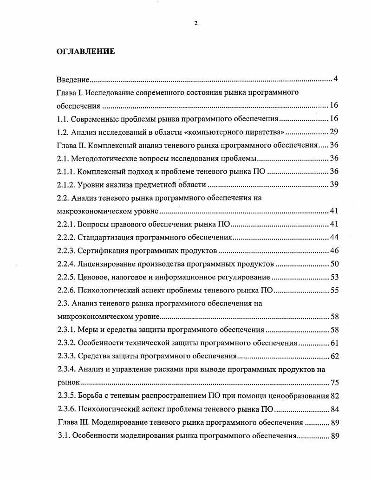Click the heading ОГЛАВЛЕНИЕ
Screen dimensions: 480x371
tap(85, 52)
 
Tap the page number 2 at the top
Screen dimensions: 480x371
tap(195, 24)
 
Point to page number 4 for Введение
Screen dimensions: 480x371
tap(335, 78)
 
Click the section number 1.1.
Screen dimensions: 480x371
tap(63, 118)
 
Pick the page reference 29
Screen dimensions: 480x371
tap(334, 131)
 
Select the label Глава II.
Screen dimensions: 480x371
tap(73, 145)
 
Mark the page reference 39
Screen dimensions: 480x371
tap(334, 185)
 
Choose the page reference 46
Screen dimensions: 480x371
tap(334, 251)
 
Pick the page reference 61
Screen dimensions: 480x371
tap(334, 344)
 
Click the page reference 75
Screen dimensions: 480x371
tap(334, 383)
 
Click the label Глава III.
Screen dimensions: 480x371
tap(75, 422)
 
